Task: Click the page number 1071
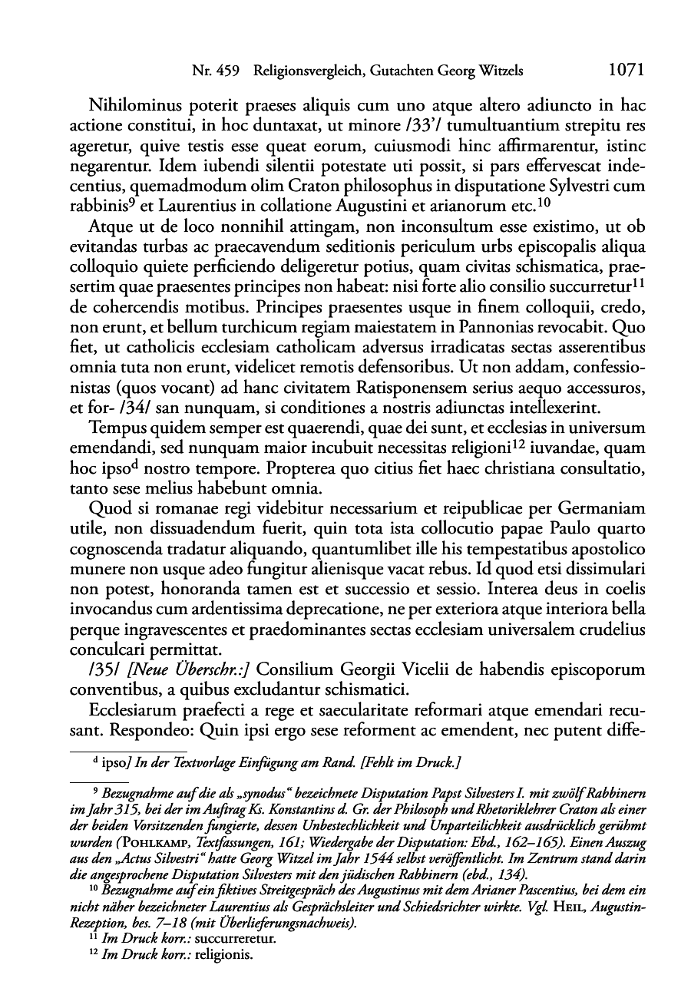(x=624, y=71)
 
